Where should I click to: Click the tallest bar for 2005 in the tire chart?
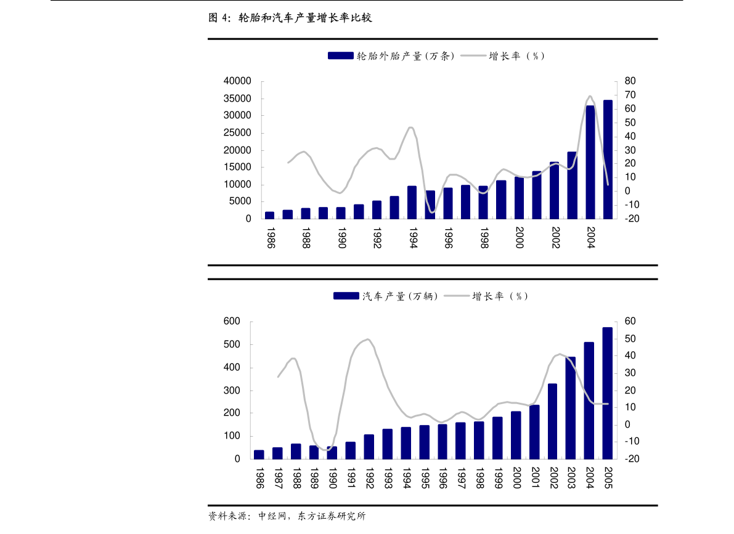608,160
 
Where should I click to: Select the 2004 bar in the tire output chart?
590,163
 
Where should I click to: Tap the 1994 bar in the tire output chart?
412,203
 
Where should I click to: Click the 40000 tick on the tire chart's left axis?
238,81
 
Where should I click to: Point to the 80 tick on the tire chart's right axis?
630,81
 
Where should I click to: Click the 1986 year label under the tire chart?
270,237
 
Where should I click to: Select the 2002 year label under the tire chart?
555,237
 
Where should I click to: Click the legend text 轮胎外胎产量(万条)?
406,56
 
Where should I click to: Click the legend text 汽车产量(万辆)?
400,296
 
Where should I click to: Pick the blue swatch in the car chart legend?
346,296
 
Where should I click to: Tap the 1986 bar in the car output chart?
259,455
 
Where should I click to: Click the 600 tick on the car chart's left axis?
232,322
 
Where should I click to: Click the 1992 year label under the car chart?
369,477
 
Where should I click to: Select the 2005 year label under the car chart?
608,477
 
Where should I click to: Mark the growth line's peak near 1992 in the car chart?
368,339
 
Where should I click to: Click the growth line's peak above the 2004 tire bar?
590,96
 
